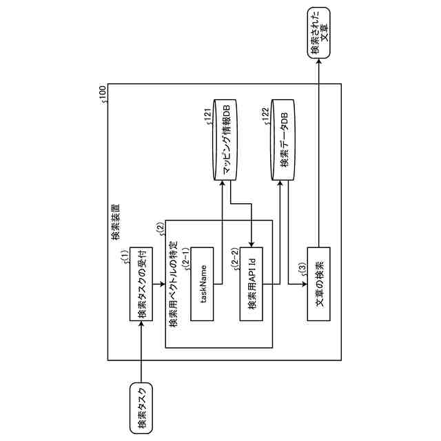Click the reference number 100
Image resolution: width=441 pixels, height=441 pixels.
pyautogui.click(x=103, y=92)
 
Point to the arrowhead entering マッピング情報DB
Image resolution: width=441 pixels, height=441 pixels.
pyautogui.click(x=222, y=187)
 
